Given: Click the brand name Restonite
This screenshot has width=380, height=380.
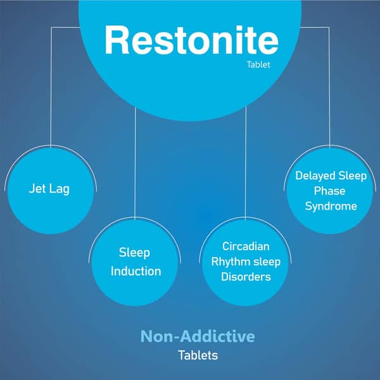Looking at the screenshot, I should (x=191, y=41).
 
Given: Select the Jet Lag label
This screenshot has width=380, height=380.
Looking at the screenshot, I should (x=49, y=189).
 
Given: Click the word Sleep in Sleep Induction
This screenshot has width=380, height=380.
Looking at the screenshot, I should (x=134, y=253).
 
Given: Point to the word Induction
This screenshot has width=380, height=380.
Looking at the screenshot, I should (x=136, y=271).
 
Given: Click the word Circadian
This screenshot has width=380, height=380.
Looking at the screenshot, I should (x=246, y=246).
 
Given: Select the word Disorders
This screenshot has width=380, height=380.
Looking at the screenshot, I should (x=246, y=277).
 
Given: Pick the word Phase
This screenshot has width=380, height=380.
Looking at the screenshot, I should (x=330, y=191).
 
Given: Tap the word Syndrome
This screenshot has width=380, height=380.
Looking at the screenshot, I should (x=331, y=206).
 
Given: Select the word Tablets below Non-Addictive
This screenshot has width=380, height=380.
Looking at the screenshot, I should (x=198, y=355).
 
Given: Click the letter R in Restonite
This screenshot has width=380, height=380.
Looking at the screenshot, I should (x=117, y=41).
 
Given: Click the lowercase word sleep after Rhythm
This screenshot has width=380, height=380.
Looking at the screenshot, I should (x=267, y=261).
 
